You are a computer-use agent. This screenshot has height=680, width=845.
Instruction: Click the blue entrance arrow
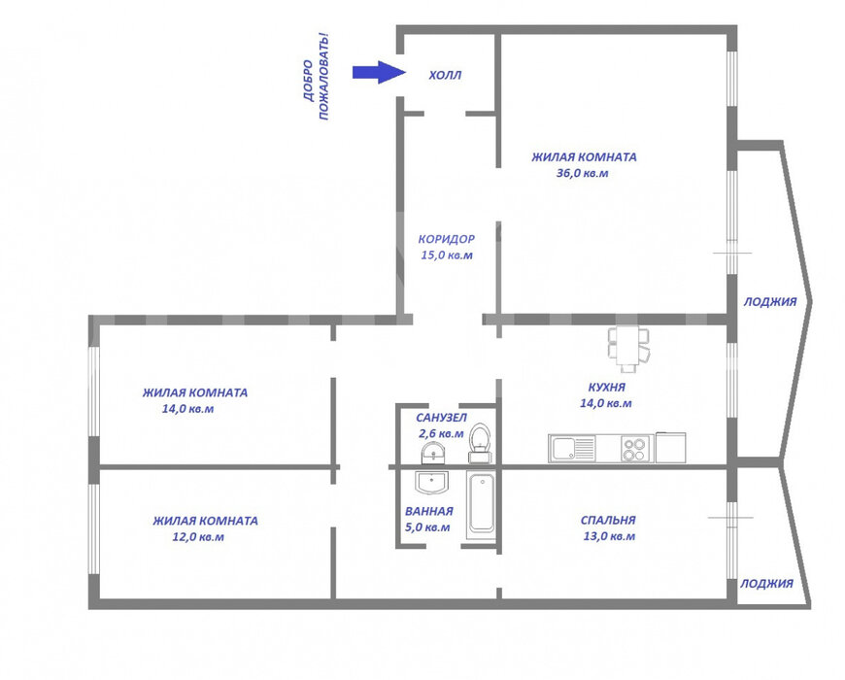[x=379, y=72]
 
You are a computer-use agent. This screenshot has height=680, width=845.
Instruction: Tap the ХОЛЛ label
[x=445, y=76]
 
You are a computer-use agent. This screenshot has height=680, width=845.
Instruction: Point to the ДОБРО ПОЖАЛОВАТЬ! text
[x=316, y=77]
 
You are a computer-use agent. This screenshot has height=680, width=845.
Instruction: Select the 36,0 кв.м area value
[x=582, y=173]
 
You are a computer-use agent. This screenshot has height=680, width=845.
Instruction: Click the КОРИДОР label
[x=446, y=239]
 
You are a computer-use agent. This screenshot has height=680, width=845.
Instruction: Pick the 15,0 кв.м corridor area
[x=446, y=255]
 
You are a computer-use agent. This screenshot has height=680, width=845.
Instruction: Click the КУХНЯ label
[x=607, y=387]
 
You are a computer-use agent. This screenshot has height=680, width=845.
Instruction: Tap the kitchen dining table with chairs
[x=628, y=349]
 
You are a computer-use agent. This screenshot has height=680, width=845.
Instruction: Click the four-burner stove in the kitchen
[x=633, y=449]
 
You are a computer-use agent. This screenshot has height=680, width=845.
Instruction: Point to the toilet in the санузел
[x=479, y=443]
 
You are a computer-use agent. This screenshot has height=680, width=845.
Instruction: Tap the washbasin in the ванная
[x=431, y=482]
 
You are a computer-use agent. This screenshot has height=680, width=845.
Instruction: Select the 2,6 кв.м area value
[x=441, y=433]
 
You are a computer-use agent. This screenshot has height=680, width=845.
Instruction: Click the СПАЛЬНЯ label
[x=608, y=520]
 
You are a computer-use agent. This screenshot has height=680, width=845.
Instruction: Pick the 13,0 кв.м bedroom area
[x=609, y=536]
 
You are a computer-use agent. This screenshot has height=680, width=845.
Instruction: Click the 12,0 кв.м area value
[x=198, y=536]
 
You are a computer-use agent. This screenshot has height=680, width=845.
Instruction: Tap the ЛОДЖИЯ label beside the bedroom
[x=766, y=584]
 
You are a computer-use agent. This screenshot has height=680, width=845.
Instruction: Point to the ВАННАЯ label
[x=429, y=511]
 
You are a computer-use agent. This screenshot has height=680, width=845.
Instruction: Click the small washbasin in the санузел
[x=433, y=453]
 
